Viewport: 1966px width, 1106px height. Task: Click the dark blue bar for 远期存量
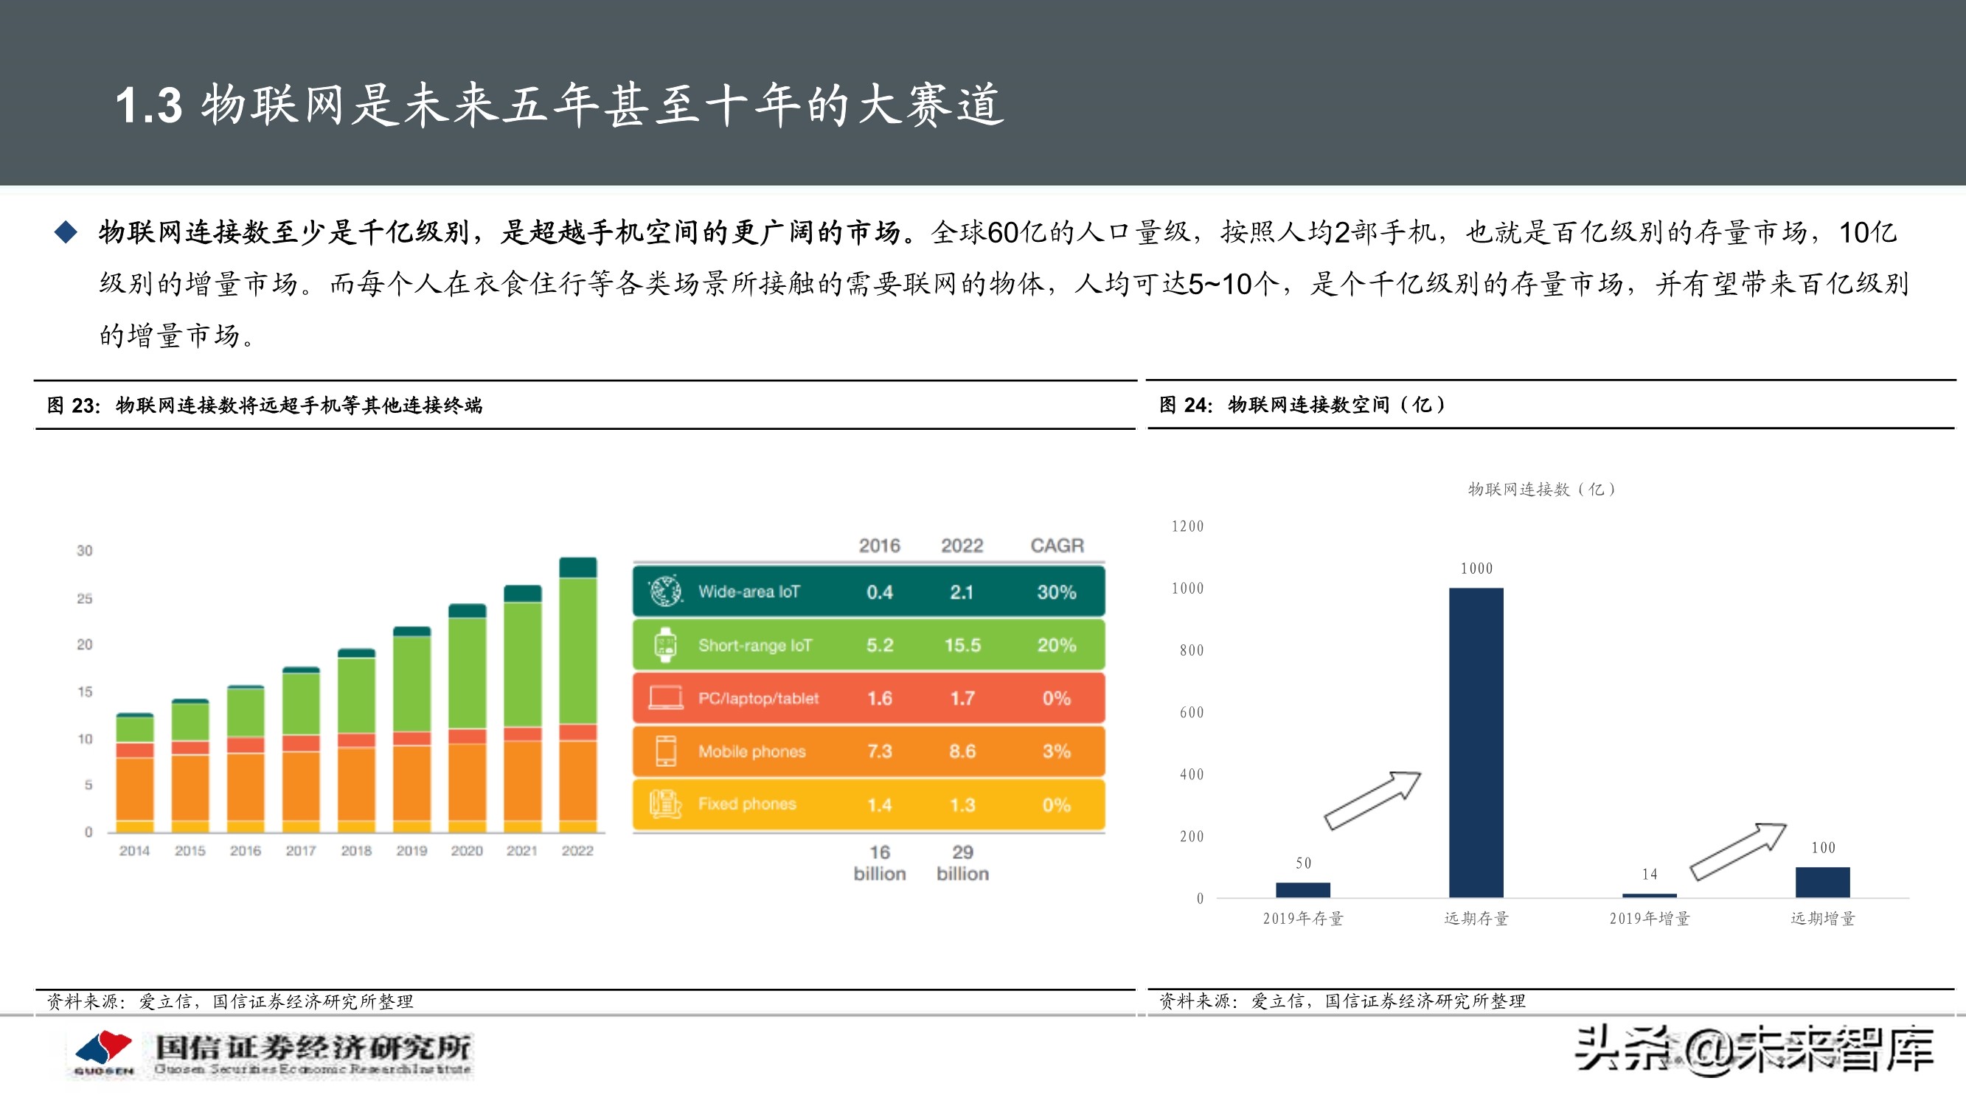[x=1476, y=742]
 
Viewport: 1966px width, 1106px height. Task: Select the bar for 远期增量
[x=1821, y=882]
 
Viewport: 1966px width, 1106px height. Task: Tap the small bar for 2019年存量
[x=1303, y=889]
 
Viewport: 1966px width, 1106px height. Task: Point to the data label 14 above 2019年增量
[x=1650, y=874]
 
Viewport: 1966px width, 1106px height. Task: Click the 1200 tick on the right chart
[x=1187, y=526]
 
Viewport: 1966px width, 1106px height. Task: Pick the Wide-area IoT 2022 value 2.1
[x=962, y=591]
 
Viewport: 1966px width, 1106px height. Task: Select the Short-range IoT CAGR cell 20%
[x=1056, y=645]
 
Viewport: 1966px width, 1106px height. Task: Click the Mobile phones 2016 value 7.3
[x=879, y=751]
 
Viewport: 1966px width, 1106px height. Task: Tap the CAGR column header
[x=1056, y=545]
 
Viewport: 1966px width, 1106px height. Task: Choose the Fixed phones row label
[x=746, y=804]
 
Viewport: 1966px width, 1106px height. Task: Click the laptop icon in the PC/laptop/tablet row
[x=664, y=698]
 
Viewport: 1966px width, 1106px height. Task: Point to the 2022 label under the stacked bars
[x=577, y=850]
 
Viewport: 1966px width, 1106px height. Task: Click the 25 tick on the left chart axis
[x=84, y=599]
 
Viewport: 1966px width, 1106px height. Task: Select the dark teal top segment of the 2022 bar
[x=577, y=567]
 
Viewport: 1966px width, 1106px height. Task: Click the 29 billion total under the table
[x=962, y=863]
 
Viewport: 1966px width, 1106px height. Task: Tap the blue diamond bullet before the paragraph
[x=66, y=232]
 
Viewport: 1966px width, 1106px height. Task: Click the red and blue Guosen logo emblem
[x=104, y=1049]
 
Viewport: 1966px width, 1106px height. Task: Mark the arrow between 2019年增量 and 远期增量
[x=1738, y=851]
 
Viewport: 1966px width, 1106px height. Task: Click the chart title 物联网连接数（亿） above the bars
[x=1541, y=490]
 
